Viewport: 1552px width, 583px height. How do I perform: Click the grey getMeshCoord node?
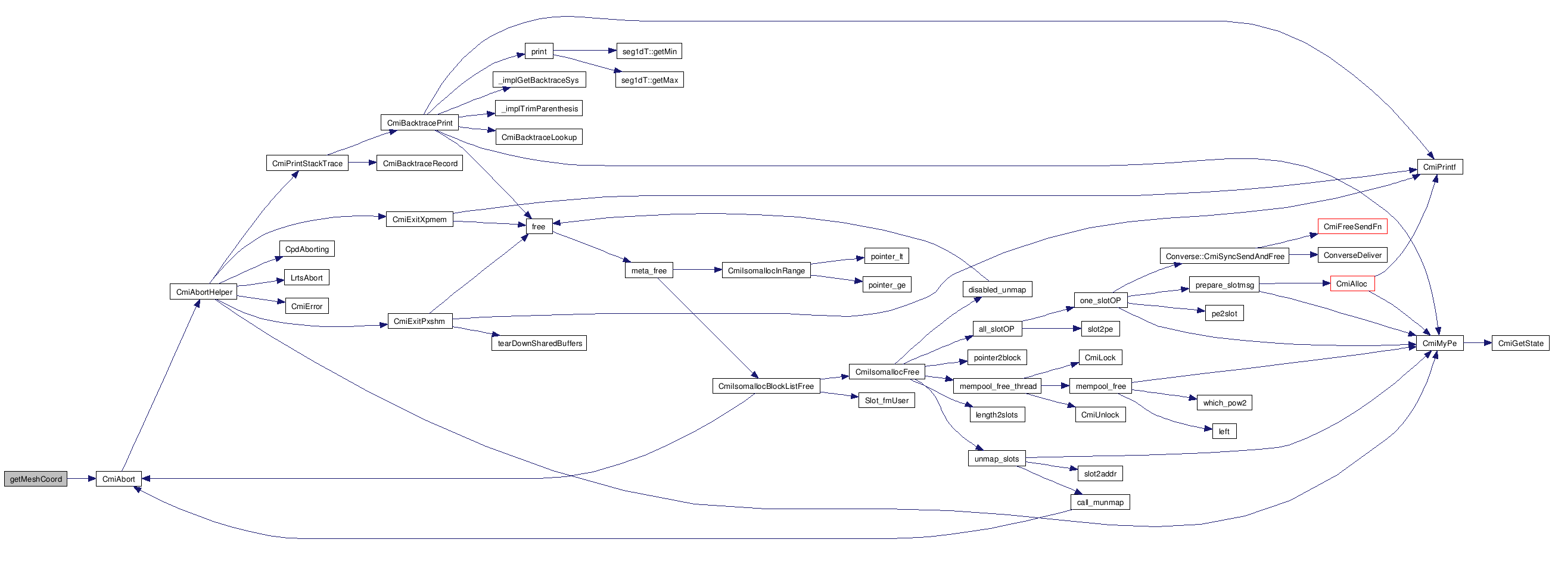36,479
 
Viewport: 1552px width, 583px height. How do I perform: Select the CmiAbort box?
119,479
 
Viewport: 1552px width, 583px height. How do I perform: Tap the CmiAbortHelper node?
204,292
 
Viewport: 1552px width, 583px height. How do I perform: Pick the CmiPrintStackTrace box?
307,163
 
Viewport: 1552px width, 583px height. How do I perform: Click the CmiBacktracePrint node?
419,123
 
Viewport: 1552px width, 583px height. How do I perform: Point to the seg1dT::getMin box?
649,51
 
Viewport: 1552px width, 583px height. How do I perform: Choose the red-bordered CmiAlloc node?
1352,283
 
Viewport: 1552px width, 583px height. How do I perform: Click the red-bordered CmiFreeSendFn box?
1352,226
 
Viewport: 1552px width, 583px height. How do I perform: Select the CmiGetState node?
1520,343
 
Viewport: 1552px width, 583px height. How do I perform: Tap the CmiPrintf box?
1439,167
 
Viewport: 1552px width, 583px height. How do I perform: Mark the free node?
539,227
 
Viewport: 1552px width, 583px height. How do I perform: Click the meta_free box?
649,271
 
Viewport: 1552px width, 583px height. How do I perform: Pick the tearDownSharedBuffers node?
540,343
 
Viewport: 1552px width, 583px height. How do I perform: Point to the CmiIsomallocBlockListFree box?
766,386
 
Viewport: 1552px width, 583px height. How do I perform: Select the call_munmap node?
1100,502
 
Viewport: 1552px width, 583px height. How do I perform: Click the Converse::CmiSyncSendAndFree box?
1224,256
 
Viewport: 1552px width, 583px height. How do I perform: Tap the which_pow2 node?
1224,403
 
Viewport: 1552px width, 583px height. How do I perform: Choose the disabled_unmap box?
997,289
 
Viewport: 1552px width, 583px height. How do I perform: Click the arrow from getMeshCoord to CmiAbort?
82,479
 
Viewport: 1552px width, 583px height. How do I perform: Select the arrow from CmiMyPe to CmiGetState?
1478,343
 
